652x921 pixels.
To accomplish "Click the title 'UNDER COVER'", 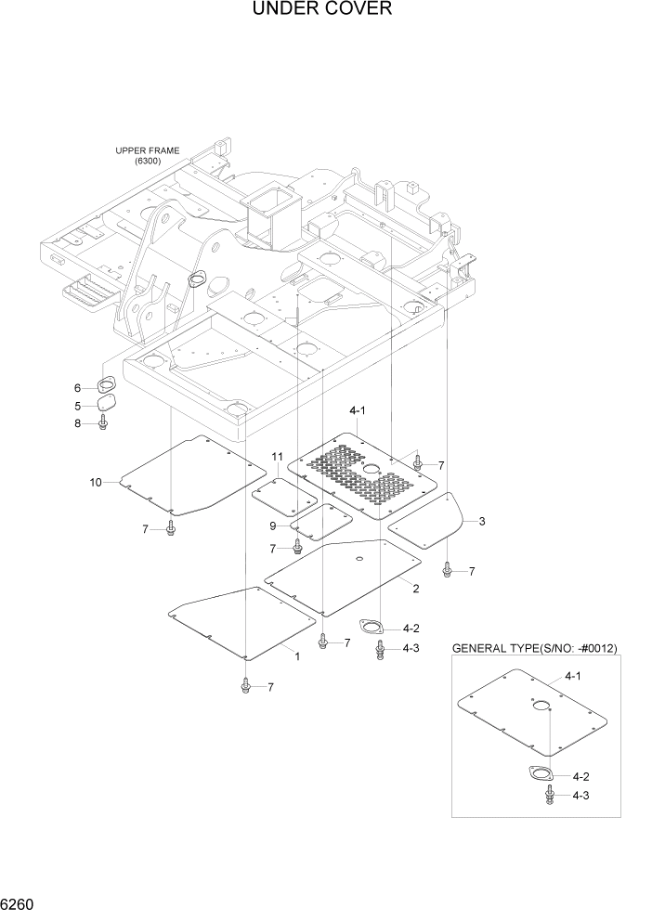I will click(x=321, y=10).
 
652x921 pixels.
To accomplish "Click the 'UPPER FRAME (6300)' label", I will click(x=148, y=155).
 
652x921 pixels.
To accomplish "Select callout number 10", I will click(x=95, y=481).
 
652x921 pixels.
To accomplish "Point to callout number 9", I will click(x=273, y=526).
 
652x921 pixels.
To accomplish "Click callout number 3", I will click(x=482, y=521).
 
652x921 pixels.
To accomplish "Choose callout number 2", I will click(x=416, y=588).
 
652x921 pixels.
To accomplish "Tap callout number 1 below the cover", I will click(x=296, y=655).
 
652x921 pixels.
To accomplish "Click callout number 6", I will click(x=78, y=387).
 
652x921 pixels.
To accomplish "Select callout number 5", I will click(x=78, y=405).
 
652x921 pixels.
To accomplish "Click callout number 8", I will click(x=78, y=423).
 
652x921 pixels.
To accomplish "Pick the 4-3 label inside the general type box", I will click(x=581, y=795).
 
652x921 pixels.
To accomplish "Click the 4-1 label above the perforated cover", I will click(x=358, y=409).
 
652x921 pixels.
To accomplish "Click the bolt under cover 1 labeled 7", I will click(x=245, y=686).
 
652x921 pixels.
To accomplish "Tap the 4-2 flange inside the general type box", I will click(x=541, y=775).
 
